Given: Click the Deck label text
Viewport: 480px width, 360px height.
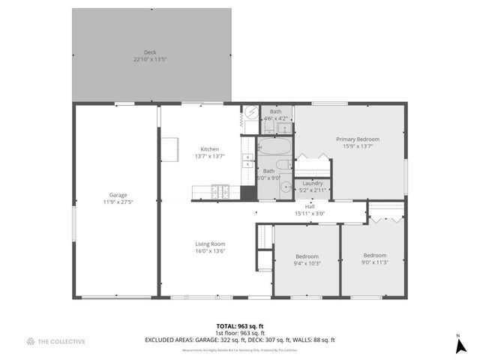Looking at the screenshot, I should [150, 52].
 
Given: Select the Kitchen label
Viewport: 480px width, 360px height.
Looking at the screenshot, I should [209, 148].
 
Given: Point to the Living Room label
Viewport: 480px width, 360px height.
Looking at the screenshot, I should [211, 244].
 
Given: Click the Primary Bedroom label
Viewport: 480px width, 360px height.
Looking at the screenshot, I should [358, 139].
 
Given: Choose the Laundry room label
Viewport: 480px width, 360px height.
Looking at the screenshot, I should [313, 184].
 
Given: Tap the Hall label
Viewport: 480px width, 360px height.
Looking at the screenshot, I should [310, 206].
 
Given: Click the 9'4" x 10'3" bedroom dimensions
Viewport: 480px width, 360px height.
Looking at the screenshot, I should [307, 262].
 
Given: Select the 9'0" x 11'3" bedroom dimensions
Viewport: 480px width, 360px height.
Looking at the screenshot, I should [375, 262].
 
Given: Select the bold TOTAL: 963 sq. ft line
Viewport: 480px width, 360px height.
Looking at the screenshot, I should [240, 325].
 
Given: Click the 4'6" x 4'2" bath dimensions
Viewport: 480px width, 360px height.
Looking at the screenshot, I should [275, 118].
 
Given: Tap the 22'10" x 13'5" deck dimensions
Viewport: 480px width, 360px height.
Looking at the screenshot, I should [150, 58].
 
